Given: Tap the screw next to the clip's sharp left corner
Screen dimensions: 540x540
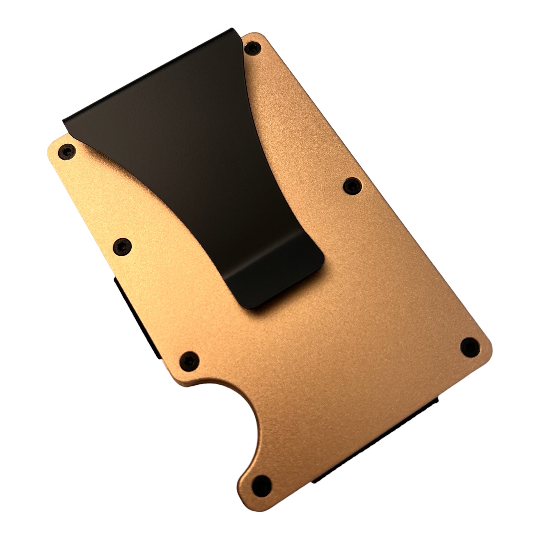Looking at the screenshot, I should click(x=67, y=152).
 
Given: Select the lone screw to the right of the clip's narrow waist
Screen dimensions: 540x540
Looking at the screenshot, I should click(x=352, y=185).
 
